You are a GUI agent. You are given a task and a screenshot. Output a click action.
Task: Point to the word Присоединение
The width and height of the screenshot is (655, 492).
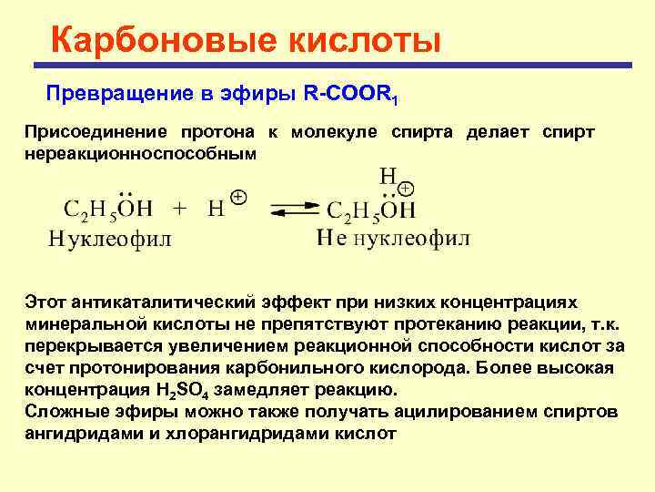click(x=89, y=132)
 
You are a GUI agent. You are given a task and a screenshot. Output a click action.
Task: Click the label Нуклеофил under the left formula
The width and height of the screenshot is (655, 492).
click(x=109, y=239)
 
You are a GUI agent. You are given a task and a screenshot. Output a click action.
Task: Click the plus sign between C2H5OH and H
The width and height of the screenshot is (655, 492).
click(x=179, y=209)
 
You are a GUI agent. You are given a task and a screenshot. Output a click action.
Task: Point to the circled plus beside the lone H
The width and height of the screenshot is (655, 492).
click(x=238, y=198)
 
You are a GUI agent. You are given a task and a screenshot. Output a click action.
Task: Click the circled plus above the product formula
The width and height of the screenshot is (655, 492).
click(x=406, y=188)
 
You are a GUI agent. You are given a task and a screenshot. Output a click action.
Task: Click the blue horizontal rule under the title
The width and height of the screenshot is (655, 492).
click(x=332, y=66)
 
